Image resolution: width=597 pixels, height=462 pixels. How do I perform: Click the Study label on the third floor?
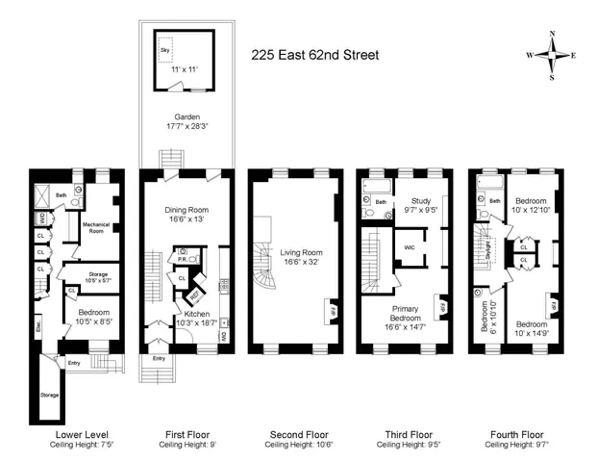420,200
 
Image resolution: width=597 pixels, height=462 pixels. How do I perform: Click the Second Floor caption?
294,435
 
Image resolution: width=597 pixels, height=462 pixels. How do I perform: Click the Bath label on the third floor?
382,202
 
